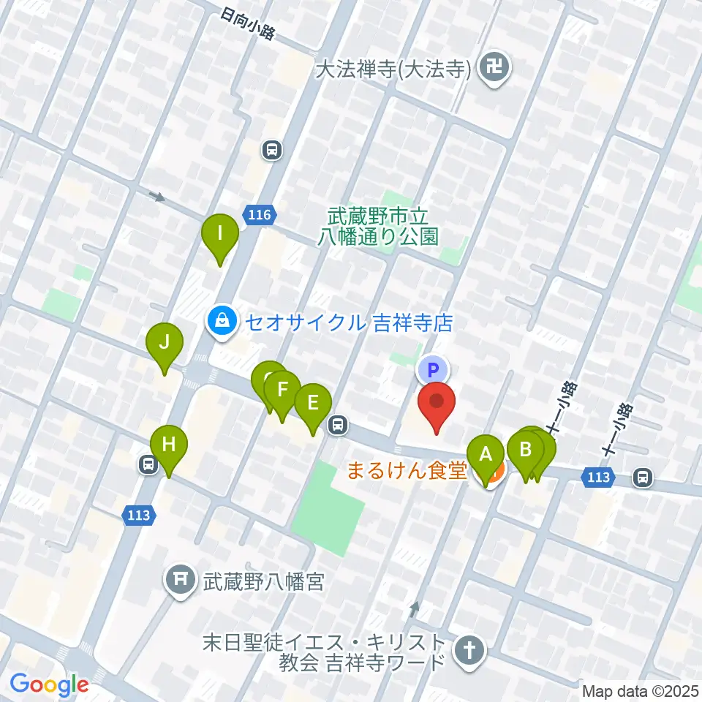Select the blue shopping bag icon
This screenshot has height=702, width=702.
point(220,321)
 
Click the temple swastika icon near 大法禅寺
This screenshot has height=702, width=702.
point(496,69)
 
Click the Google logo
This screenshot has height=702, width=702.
point(49,684)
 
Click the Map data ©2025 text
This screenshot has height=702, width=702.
point(641,690)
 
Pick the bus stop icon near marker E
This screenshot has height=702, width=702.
point(338,423)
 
